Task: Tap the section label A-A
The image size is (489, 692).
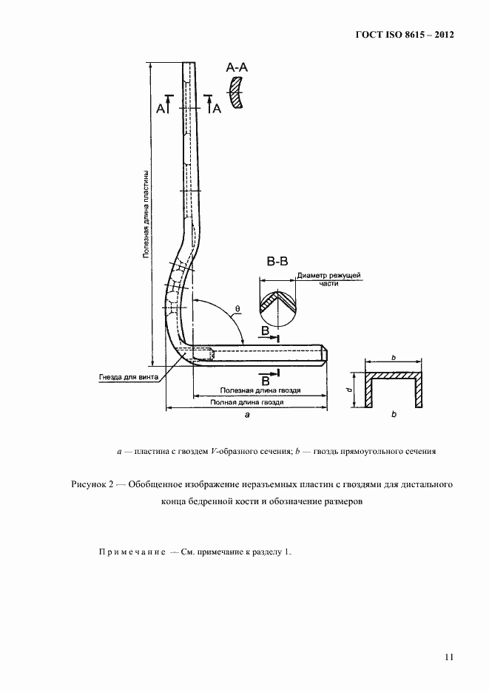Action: (237, 68)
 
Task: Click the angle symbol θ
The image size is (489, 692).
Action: (237, 308)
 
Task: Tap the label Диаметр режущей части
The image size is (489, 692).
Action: (328, 279)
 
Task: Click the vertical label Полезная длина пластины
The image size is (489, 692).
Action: (146, 214)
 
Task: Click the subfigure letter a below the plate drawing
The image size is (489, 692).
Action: (246, 416)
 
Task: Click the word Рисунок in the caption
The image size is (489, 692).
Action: (89, 485)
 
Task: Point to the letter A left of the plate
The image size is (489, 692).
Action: (161, 109)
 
